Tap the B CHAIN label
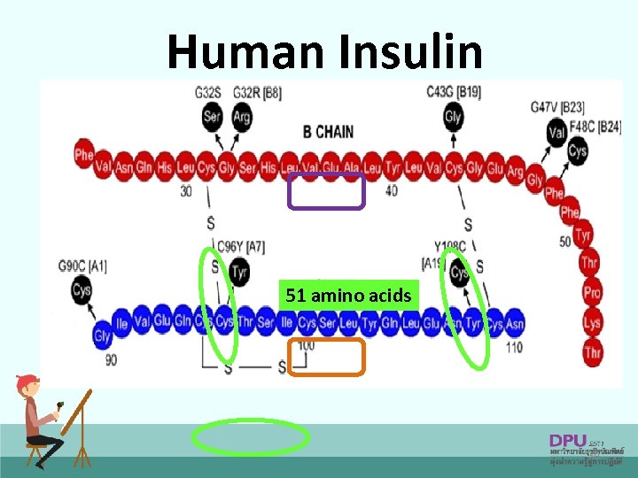coord(328,132)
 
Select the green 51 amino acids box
coord(348,296)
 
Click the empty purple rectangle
coord(326,191)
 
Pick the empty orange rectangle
coord(326,357)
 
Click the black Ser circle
coord(213,119)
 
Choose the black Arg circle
coord(241,119)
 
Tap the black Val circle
coord(556,135)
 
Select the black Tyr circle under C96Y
coord(238,272)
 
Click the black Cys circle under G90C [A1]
coord(82,289)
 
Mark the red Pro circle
coord(591,292)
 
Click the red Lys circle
coord(591,323)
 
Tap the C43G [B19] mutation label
coord(453,91)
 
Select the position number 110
coord(512,346)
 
